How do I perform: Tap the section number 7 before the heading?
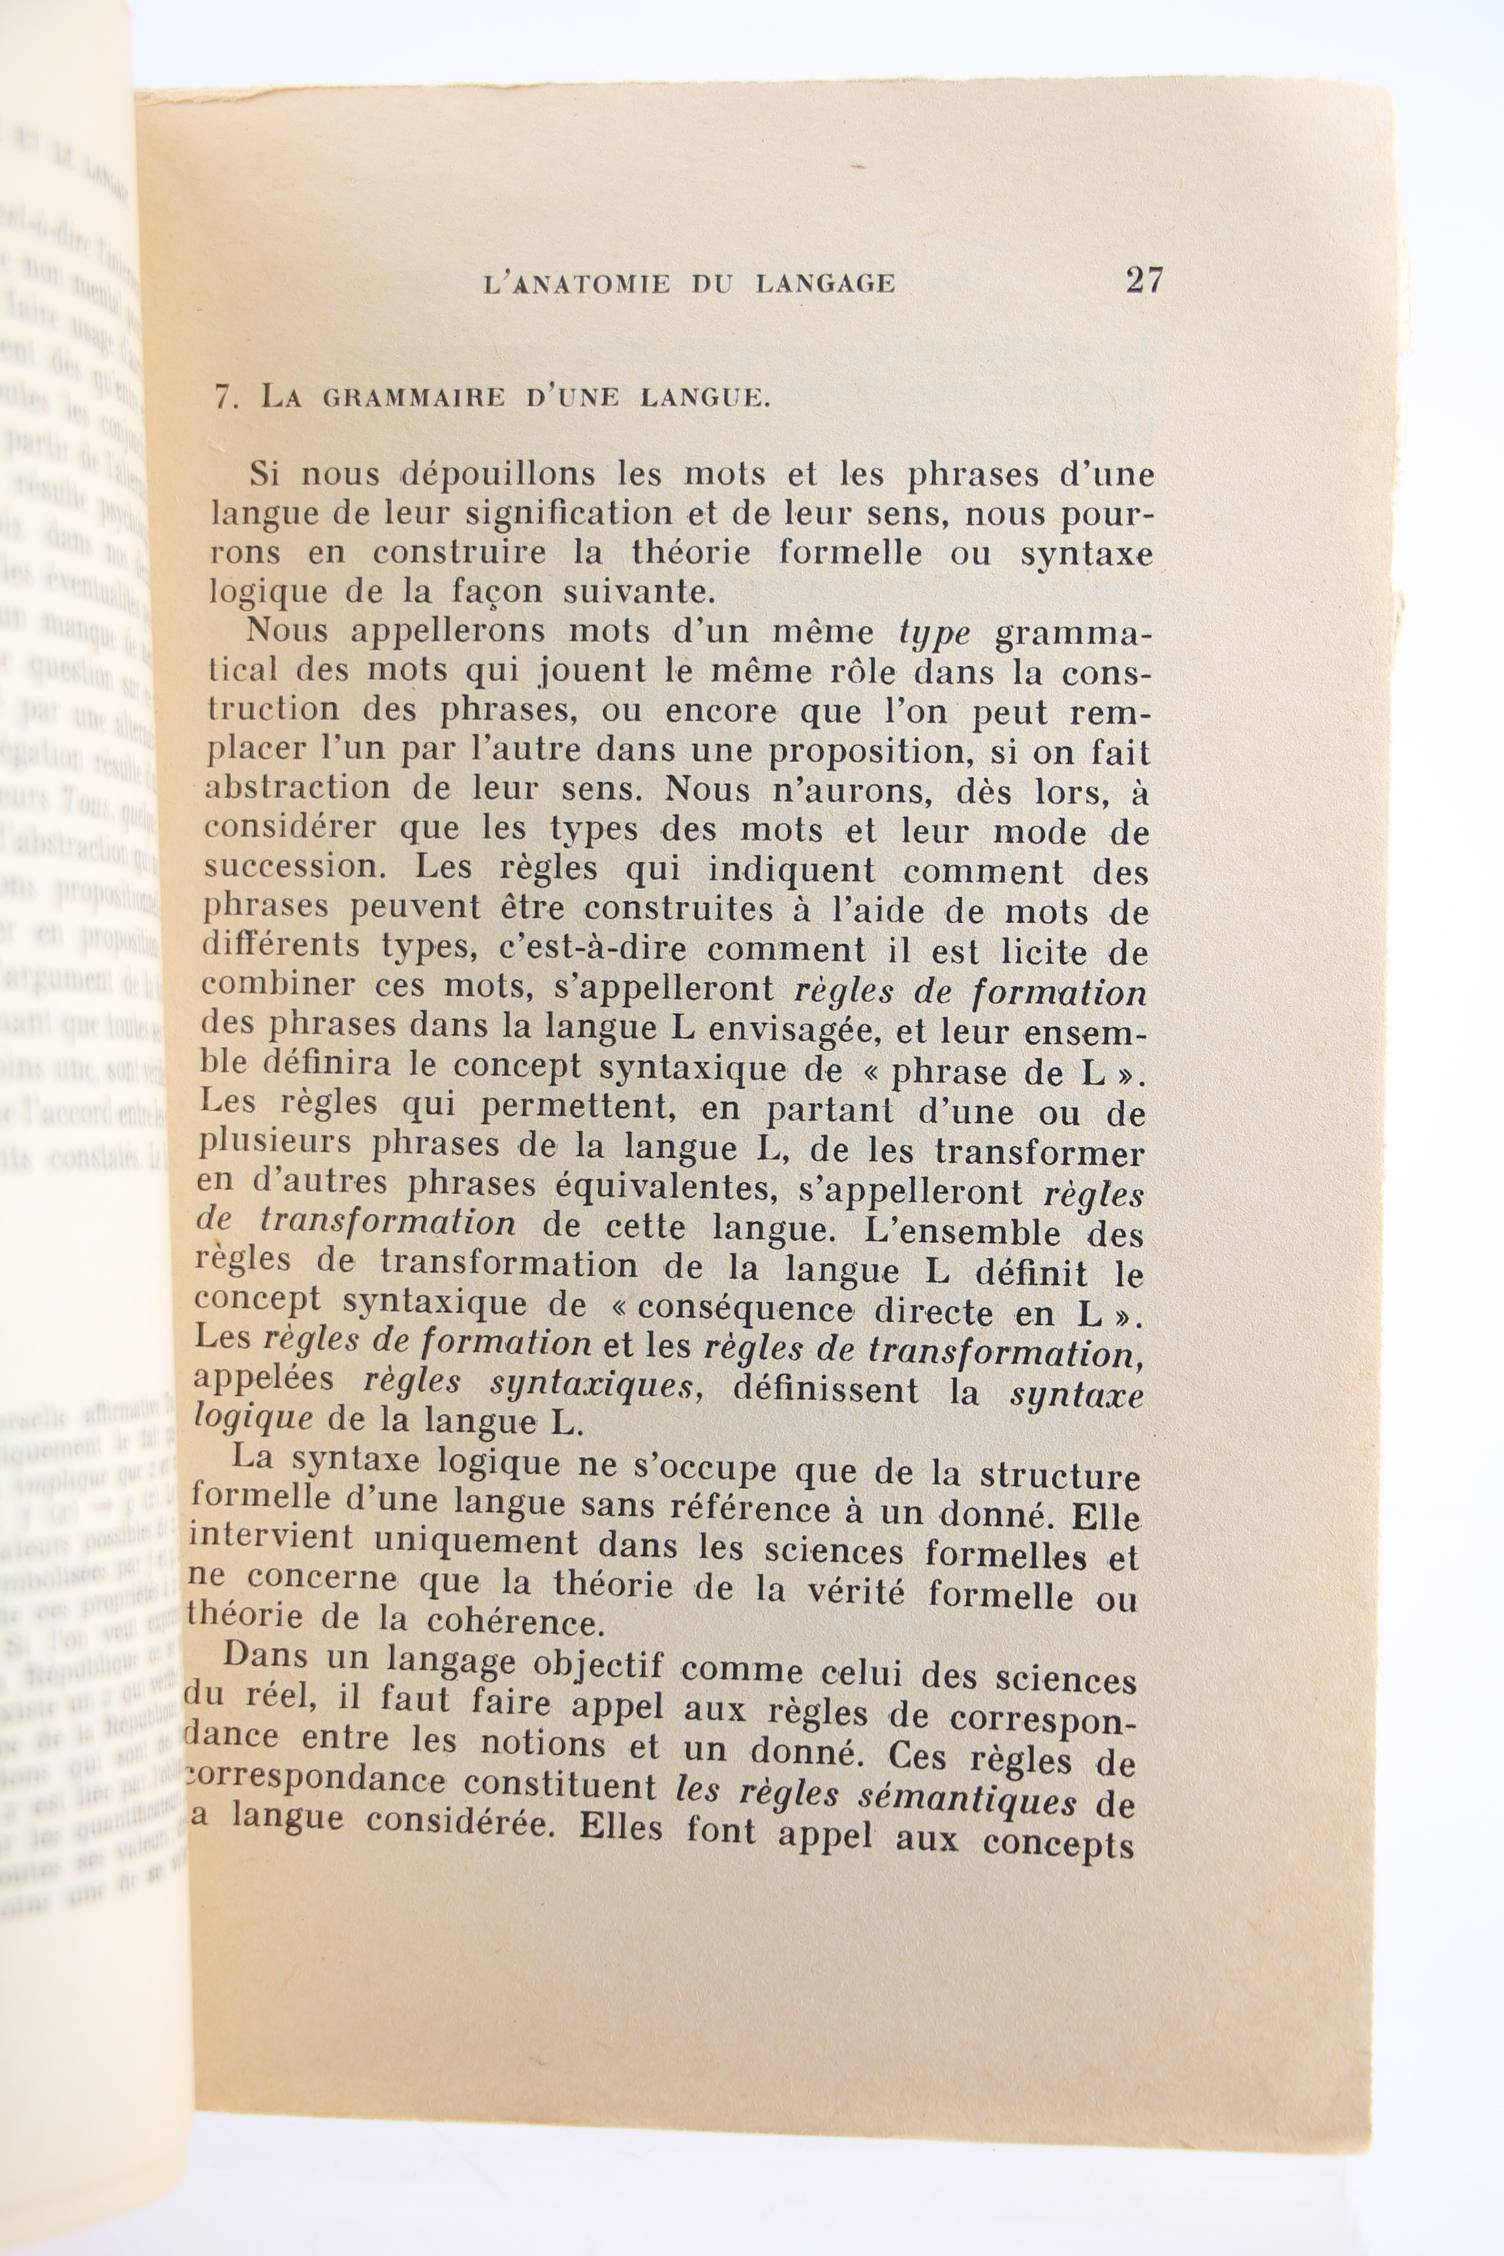[225, 398]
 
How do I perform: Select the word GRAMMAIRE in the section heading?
[413, 398]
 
